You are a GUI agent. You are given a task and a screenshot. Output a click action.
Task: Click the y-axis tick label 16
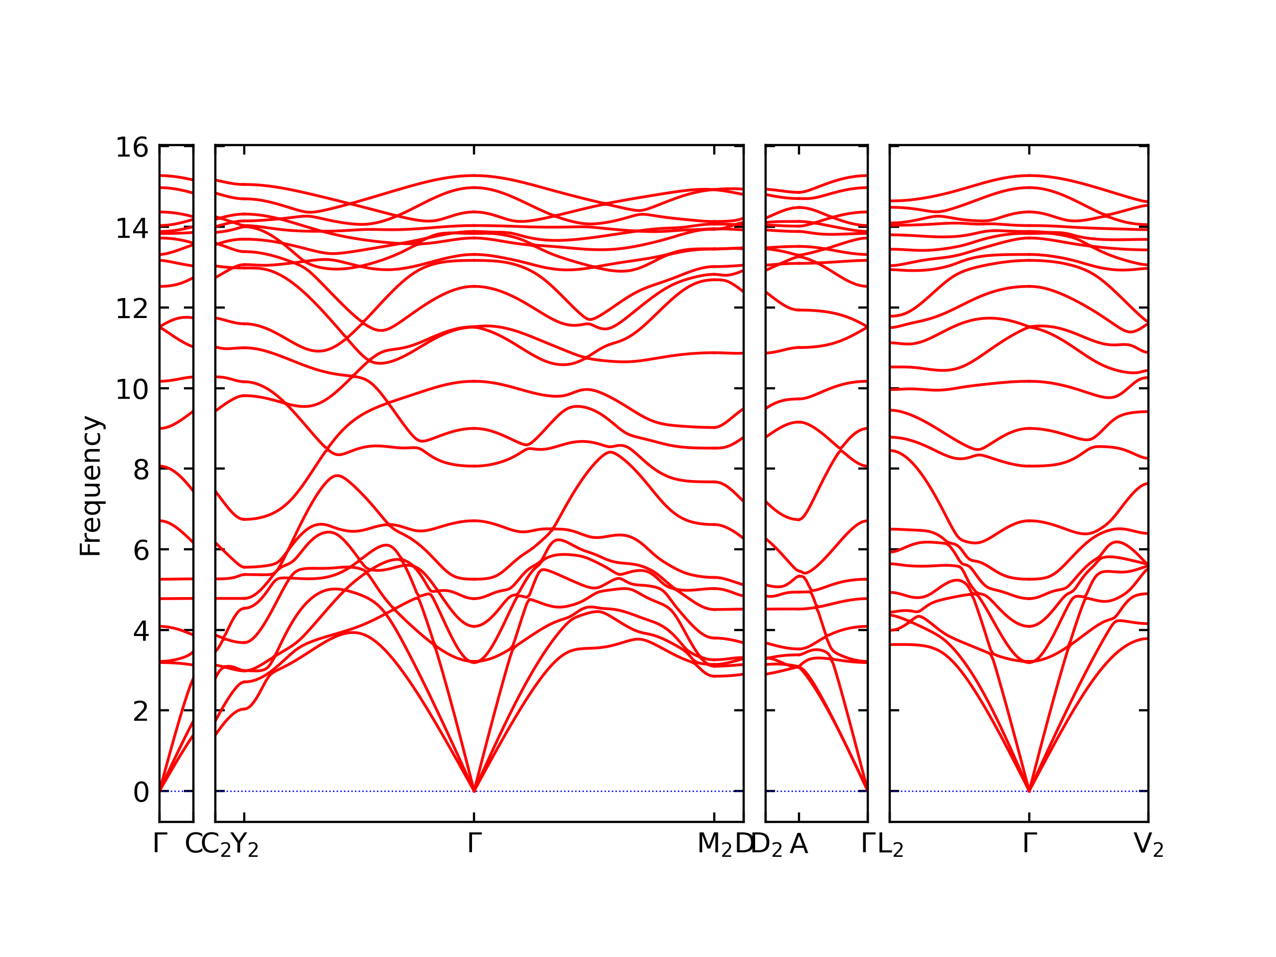coord(132,148)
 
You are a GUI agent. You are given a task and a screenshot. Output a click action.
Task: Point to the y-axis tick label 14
coord(132,228)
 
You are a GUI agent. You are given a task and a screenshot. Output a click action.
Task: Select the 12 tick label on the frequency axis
coord(132,309)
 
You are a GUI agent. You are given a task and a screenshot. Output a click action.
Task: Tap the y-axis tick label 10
coord(132,390)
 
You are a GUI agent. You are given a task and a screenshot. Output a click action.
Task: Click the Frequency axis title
coord(91,486)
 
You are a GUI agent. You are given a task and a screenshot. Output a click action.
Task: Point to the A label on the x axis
coord(799,844)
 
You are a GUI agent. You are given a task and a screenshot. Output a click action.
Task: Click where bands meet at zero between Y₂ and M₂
coord(474,791)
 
